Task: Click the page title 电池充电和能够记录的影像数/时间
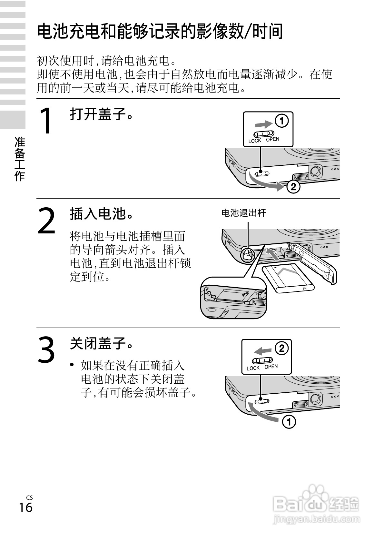160,32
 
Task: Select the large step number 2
47,221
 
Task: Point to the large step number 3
47,349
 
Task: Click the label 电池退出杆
243,213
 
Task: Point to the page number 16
25,507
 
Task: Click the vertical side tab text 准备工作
20,159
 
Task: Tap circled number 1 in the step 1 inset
281,121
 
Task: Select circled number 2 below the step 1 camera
293,187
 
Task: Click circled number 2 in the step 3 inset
281,348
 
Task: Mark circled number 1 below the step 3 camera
289,422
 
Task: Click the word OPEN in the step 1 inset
272,139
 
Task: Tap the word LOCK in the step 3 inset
253,368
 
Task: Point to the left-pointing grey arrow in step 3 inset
262,351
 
